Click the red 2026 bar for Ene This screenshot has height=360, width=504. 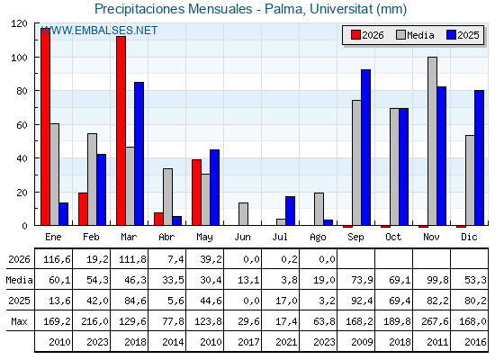pos(45,127)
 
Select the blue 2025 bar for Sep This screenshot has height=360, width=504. pos(365,148)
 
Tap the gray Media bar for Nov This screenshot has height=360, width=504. pos(432,141)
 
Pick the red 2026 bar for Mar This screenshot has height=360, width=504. pos(121,130)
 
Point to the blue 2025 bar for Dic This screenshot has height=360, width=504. pos(479,157)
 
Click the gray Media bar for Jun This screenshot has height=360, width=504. pos(243,214)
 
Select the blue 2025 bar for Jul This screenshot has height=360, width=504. pos(290,211)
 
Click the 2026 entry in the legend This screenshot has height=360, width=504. pos(367,35)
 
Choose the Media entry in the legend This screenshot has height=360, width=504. pos(415,35)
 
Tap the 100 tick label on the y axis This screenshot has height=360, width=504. pos(19,58)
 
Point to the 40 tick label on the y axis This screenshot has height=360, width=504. pos(22,158)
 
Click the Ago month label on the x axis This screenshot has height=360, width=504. pos(318,238)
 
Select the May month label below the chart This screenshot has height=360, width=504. pos(204,238)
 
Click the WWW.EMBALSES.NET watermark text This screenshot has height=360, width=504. pos(99,31)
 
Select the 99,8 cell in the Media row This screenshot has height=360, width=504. pos(437,280)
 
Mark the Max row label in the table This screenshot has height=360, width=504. pos(19,321)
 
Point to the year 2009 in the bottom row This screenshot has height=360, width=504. pos(362,342)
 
